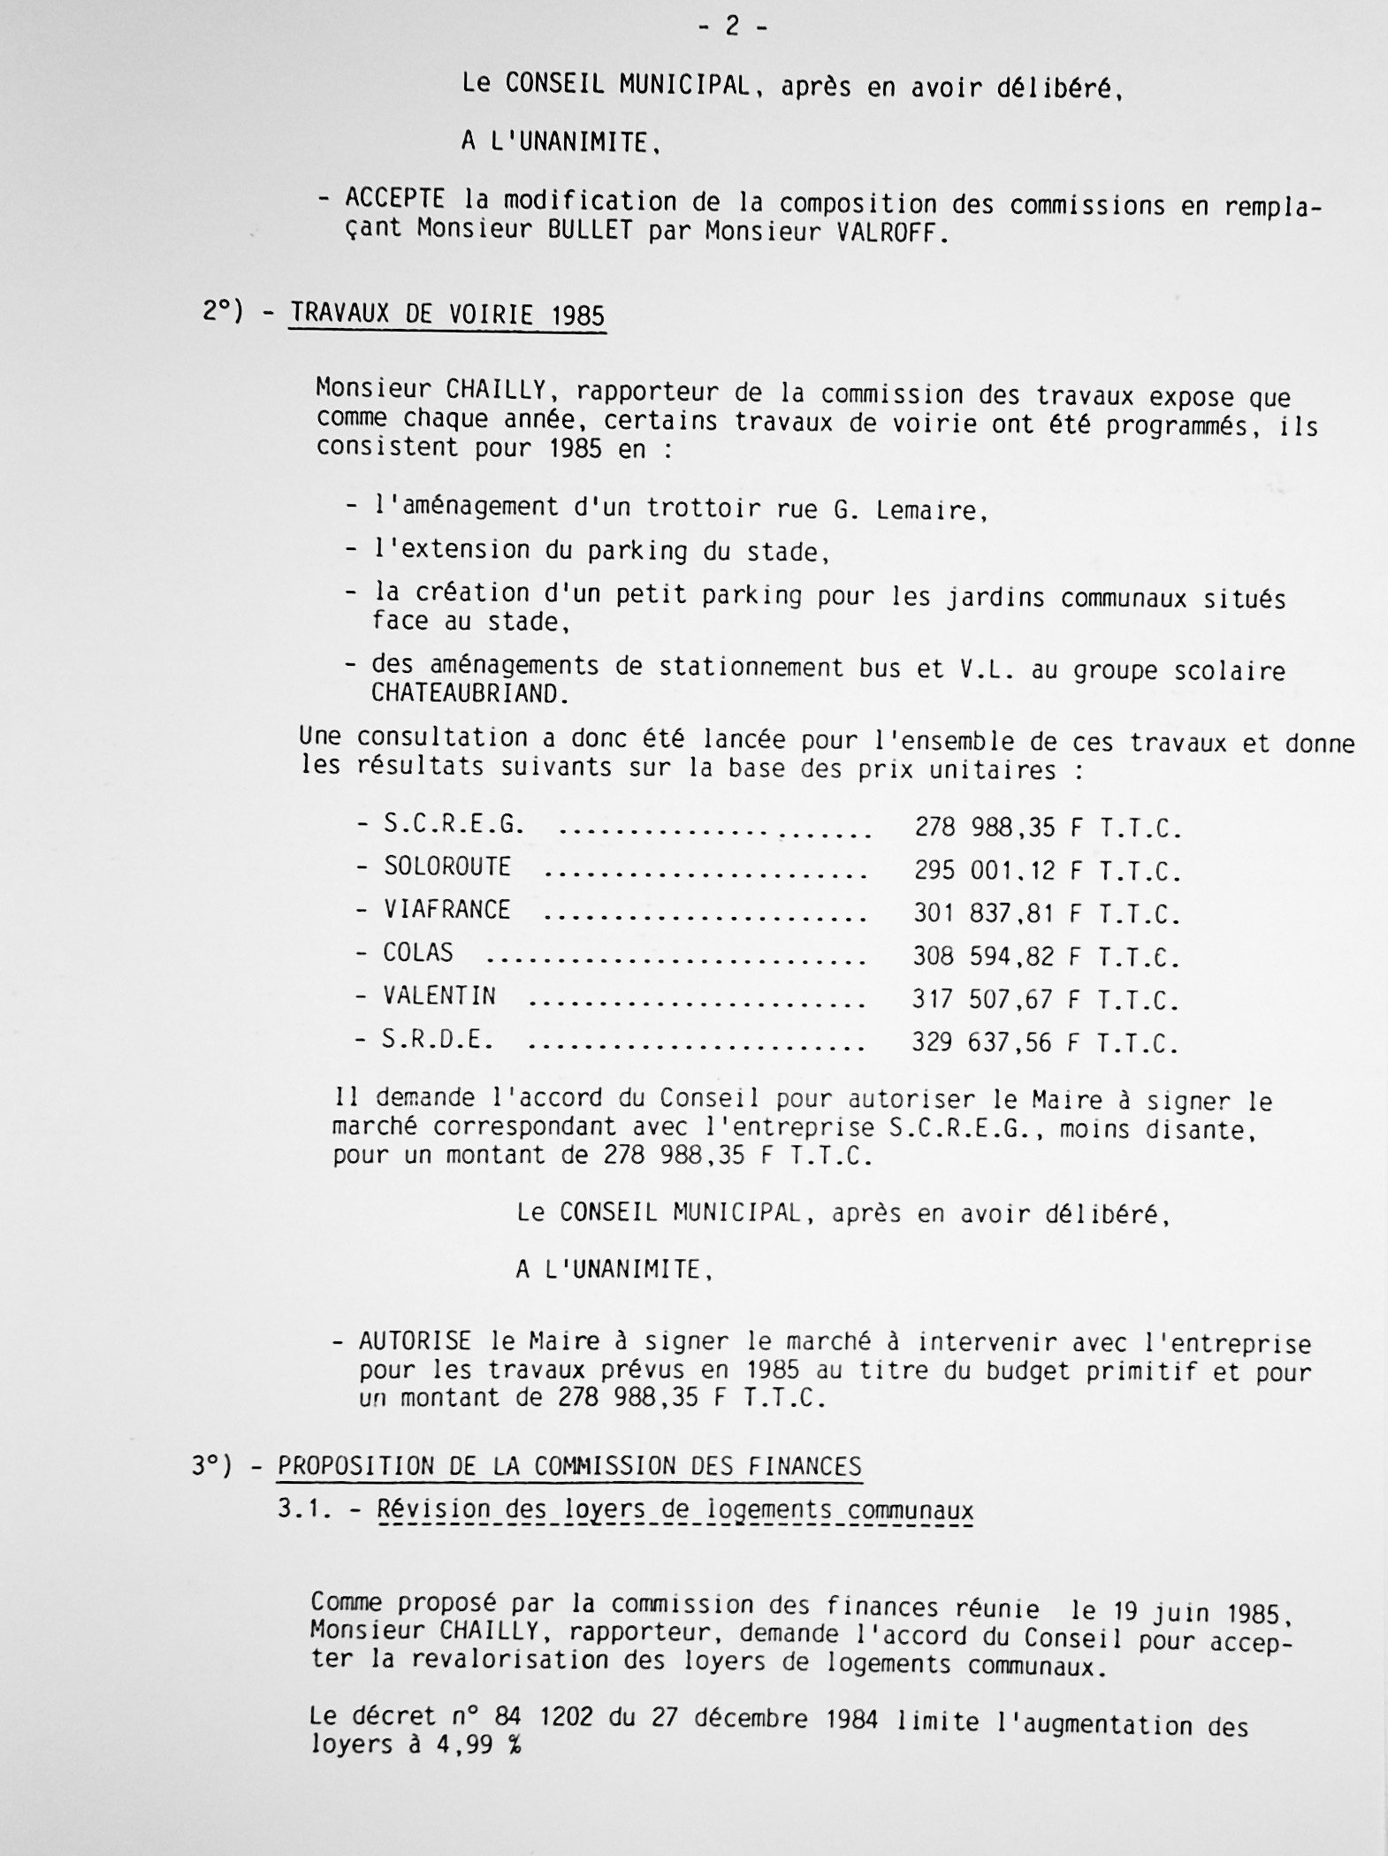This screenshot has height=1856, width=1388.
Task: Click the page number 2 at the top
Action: click(732, 27)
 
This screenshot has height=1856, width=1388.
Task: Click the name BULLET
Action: click(590, 231)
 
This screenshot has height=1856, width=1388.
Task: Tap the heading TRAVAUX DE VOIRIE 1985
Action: click(447, 314)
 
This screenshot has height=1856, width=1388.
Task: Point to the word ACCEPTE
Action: click(395, 198)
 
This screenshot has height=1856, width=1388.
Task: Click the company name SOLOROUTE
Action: click(447, 867)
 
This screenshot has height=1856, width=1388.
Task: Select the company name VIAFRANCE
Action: click(446, 910)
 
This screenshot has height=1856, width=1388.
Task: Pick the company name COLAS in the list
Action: click(418, 953)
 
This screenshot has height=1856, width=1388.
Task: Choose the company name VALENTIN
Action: click(439, 997)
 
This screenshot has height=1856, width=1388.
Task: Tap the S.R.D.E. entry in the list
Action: click(438, 1040)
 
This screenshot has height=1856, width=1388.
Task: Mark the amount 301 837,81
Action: click(984, 913)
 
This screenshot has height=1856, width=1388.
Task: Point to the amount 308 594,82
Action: click(984, 957)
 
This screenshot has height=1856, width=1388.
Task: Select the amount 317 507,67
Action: click(983, 1000)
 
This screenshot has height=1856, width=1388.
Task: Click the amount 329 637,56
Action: click(982, 1043)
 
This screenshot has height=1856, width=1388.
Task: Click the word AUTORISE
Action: click(416, 1341)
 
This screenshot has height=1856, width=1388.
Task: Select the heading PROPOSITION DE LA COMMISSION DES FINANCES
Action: click(569, 1467)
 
